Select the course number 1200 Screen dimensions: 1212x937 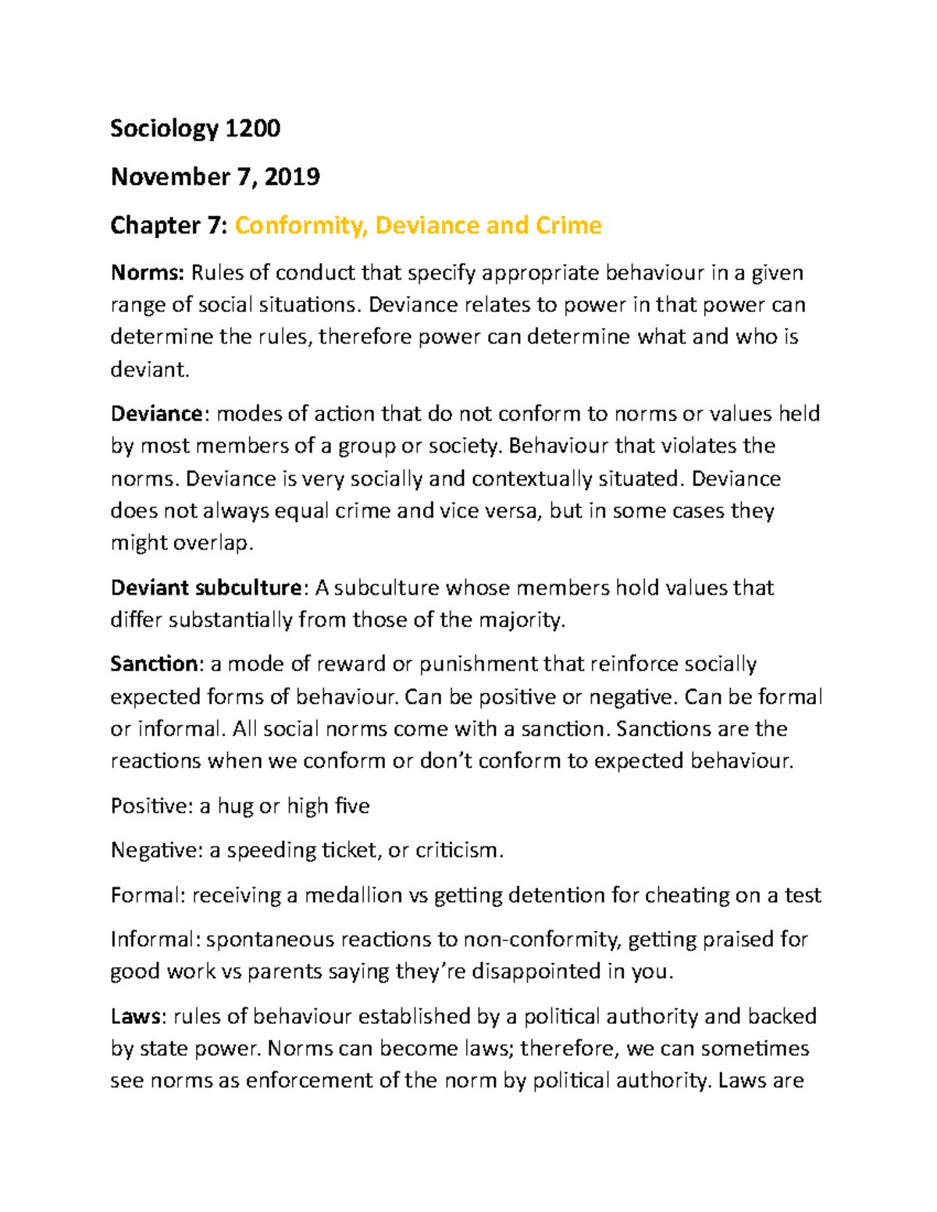[x=252, y=129]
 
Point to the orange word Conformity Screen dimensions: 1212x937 [x=301, y=226]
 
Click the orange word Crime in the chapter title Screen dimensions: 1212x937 [x=568, y=226]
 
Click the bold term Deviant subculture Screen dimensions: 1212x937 [x=205, y=588]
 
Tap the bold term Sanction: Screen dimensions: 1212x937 [x=156, y=664]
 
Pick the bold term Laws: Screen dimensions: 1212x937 [x=137, y=1016]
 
